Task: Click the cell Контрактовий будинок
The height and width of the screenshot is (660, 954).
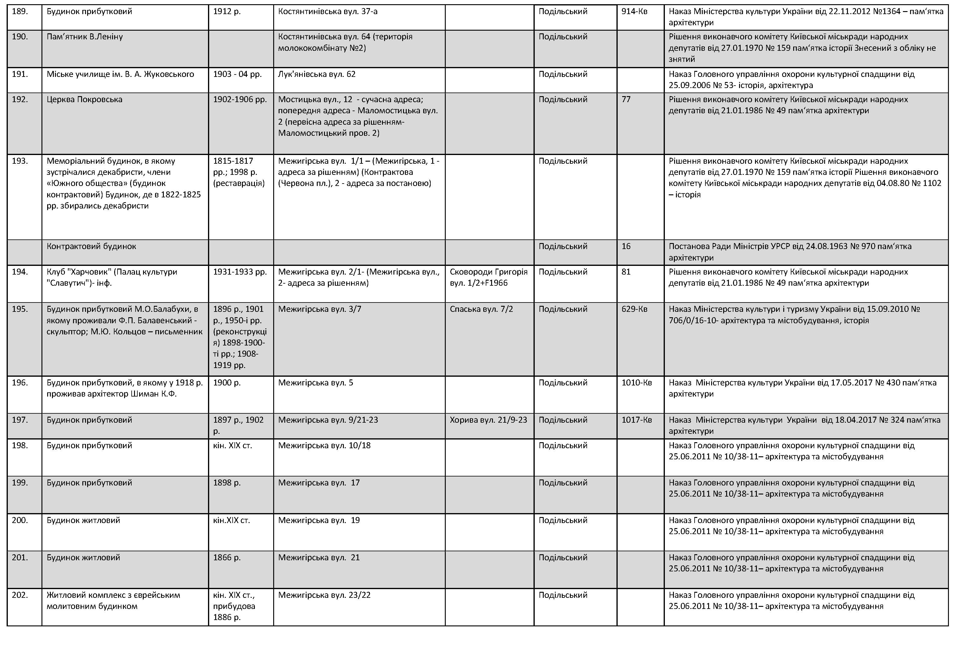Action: click(x=91, y=246)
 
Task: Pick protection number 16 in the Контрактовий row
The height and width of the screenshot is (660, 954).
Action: click(x=626, y=246)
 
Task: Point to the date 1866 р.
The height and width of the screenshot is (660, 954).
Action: click(x=227, y=558)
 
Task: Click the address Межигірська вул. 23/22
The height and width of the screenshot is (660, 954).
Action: click(x=324, y=595)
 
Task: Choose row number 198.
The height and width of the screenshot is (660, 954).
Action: click(x=20, y=446)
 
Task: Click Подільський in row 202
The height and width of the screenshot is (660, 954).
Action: click(x=563, y=595)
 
